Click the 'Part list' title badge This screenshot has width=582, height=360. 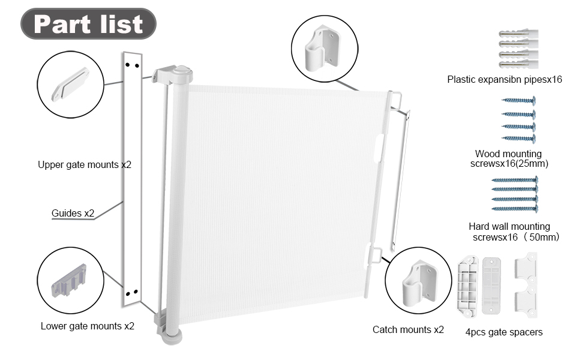89,24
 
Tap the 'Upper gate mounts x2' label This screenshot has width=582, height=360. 85,164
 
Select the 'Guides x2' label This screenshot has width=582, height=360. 73,213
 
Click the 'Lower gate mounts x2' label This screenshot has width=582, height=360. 88,326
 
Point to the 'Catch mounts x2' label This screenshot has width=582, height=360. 408,329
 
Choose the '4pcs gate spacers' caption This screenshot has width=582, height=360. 504,332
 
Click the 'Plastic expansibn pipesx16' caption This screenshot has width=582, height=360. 505,79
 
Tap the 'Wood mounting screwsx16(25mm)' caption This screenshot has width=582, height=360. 509,158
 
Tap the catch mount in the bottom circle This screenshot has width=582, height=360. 418,280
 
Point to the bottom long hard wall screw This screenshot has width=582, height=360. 514,208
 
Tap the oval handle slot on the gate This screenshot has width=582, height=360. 378,148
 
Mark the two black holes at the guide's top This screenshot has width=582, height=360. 132,64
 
